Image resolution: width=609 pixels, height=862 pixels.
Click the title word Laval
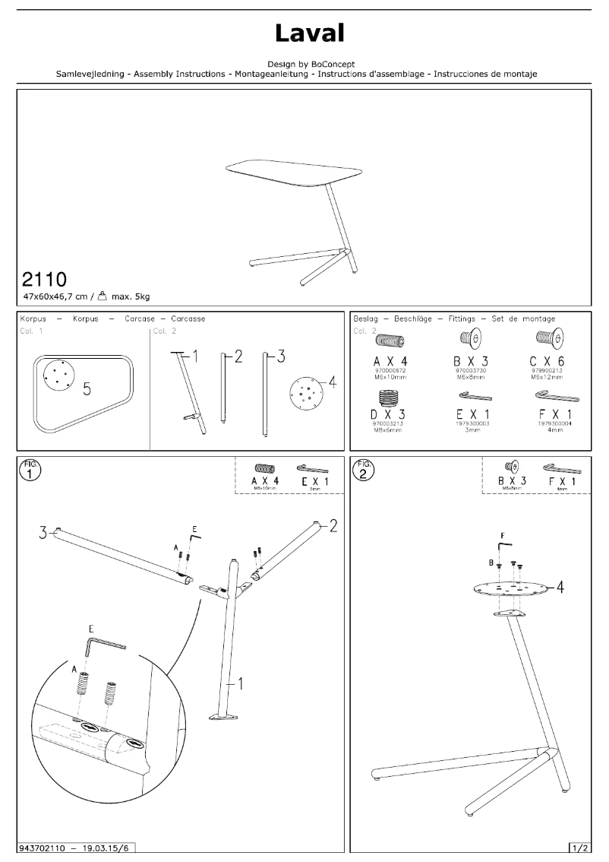(x=310, y=33)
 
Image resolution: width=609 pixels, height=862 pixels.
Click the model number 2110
(x=47, y=278)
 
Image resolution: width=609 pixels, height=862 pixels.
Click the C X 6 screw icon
(x=547, y=338)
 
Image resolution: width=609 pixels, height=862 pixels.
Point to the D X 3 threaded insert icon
(x=391, y=398)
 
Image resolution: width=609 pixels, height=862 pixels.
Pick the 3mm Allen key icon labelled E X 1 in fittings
(x=475, y=396)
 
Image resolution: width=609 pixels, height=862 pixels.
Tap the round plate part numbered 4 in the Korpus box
(x=307, y=392)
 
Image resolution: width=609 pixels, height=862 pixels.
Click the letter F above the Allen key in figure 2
(x=502, y=534)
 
